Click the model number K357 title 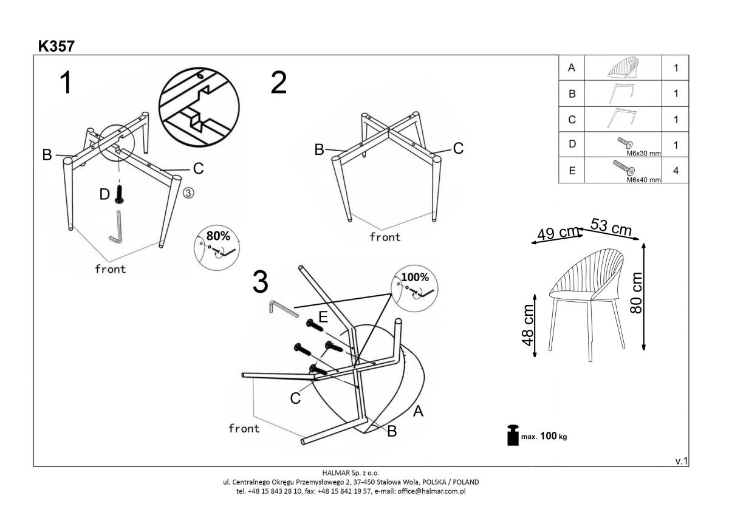tap(56, 46)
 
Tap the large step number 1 tap(66, 83)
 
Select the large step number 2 tap(279, 83)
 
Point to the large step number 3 tap(261, 282)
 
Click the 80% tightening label tap(218, 236)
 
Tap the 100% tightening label tap(415, 277)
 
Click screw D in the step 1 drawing tap(119, 195)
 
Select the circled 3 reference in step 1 tap(188, 193)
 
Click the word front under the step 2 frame tap(385, 237)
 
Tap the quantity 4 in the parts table tap(676, 171)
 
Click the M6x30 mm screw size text tap(643, 153)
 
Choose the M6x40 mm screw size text tap(643, 180)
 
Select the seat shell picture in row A tap(623, 67)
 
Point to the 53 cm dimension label tap(611, 227)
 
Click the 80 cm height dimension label tap(636, 293)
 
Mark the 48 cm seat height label tap(527, 326)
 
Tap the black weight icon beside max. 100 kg tap(513, 435)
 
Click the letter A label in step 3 tap(418, 411)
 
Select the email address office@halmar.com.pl tap(431, 491)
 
